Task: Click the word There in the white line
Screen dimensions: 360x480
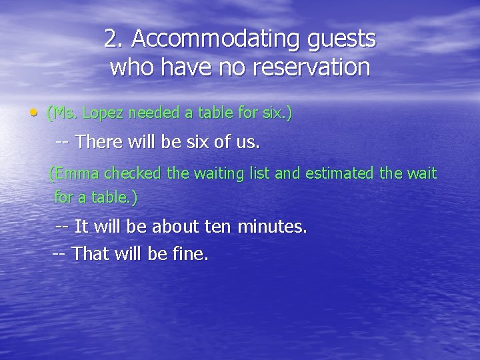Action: [99, 142]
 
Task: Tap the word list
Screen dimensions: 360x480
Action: [261, 174]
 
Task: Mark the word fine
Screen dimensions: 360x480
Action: [191, 254]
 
